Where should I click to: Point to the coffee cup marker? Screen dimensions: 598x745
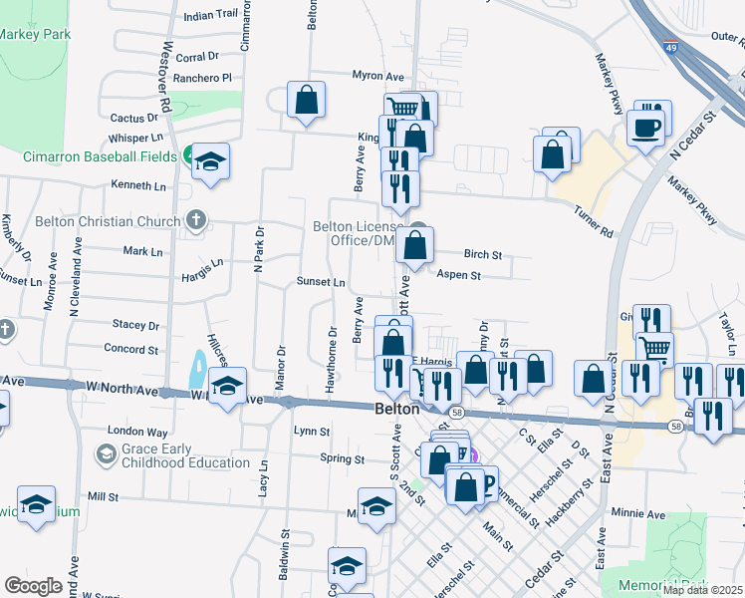tap(644, 129)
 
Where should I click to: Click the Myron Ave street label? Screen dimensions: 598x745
tap(377, 76)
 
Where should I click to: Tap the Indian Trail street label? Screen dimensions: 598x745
tap(212, 15)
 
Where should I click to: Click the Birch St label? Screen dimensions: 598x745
tap(483, 254)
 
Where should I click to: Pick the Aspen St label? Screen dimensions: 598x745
tap(459, 275)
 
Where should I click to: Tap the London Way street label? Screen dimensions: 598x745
tap(137, 433)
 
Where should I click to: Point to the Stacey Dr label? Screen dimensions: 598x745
tap(135, 325)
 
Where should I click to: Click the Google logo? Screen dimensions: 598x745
tap(33, 586)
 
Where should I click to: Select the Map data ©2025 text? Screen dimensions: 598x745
tap(702, 589)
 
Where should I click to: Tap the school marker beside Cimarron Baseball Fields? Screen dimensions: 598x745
tap(211, 161)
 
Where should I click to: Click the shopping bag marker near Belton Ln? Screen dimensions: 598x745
tap(307, 101)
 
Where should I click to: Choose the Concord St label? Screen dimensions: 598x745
tap(132, 348)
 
